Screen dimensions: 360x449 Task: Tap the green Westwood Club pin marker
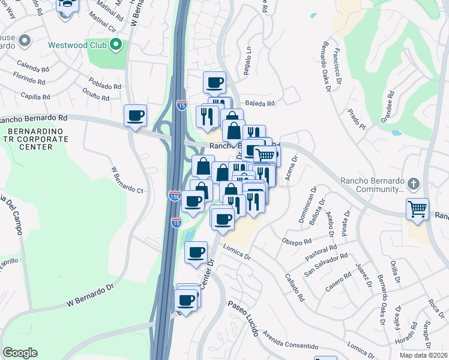pyautogui.click(x=116, y=44)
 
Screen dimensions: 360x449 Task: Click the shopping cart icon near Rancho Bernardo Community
pyautogui.click(x=417, y=209)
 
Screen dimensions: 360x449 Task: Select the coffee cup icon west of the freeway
pyautogui.click(x=135, y=115)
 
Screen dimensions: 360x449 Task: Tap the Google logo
pyautogui.click(x=20, y=353)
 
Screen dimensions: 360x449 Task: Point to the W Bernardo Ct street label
pyautogui.click(x=126, y=179)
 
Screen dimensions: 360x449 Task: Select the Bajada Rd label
pyautogui.click(x=260, y=103)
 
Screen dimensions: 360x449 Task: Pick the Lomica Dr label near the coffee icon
pyautogui.click(x=236, y=254)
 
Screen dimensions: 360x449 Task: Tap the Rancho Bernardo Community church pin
pyautogui.click(x=412, y=182)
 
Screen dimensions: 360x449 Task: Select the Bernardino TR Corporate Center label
pyautogui.click(x=32, y=139)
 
